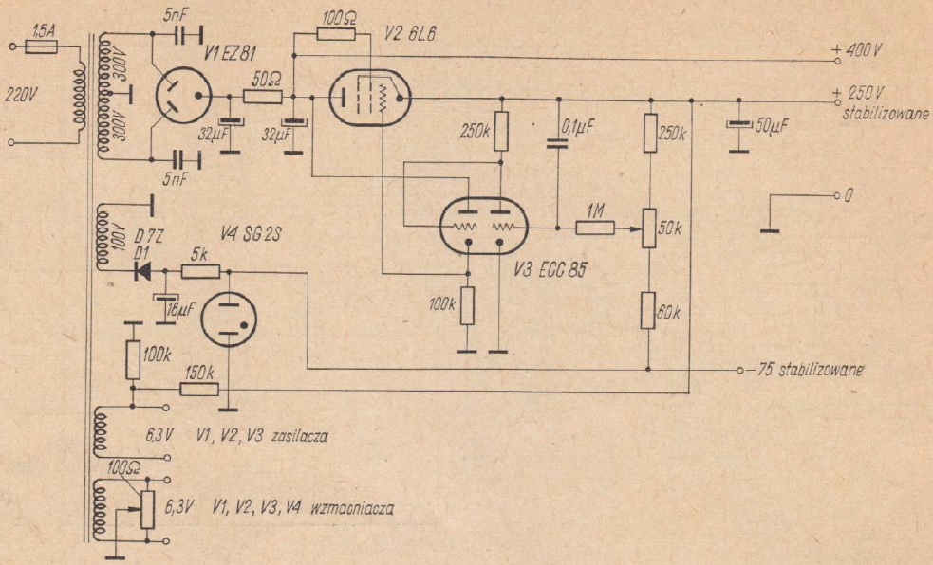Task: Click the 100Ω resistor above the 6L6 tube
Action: tap(336, 34)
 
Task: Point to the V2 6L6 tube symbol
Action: tap(368, 97)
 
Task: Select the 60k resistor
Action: tap(649, 309)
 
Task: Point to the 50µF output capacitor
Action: tap(737, 126)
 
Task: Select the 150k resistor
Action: tap(200, 389)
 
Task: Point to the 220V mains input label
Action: tap(21, 94)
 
